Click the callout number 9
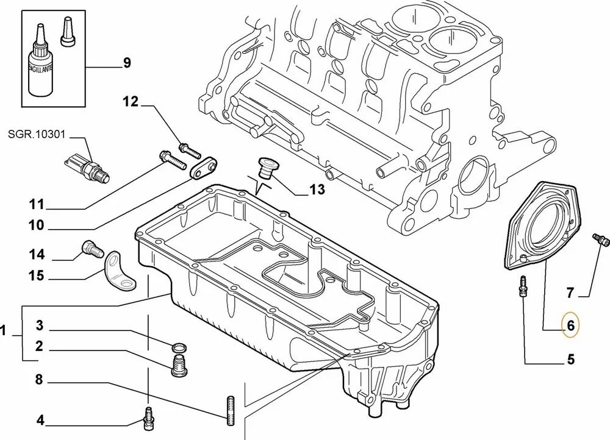click(x=127, y=63)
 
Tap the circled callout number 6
click(x=570, y=325)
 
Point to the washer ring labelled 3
click(x=179, y=348)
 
